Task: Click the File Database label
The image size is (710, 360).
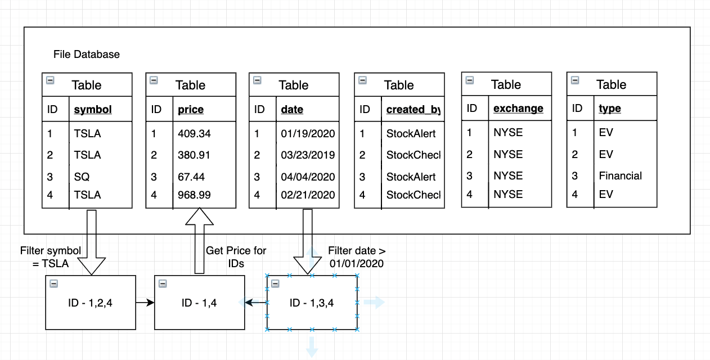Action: click(x=87, y=55)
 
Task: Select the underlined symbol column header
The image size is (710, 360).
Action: click(x=93, y=109)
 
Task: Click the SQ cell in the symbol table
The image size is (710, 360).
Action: click(x=82, y=177)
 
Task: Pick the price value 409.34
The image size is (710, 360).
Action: click(x=194, y=133)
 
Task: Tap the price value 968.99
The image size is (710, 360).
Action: click(x=194, y=195)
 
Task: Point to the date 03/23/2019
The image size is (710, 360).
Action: click(x=308, y=155)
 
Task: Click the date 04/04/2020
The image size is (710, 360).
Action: click(x=308, y=177)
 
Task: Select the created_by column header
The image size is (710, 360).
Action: click(x=414, y=109)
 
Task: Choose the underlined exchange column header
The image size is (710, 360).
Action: click(x=518, y=109)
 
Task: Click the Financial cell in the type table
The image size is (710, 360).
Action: click(x=621, y=175)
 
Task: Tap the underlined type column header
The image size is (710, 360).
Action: click(x=610, y=109)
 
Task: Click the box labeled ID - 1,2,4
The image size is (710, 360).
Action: click(x=91, y=302)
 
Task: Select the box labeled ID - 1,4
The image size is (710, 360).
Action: click(x=199, y=302)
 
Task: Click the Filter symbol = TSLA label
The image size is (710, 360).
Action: click(x=51, y=257)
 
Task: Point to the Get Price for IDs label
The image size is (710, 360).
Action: click(x=236, y=257)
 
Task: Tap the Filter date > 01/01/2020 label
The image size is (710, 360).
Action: click(x=357, y=257)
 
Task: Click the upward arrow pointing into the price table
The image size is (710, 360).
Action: click(x=199, y=241)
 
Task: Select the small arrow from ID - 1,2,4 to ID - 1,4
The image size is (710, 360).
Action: click(x=145, y=302)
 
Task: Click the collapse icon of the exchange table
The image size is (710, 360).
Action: click(x=470, y=80)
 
